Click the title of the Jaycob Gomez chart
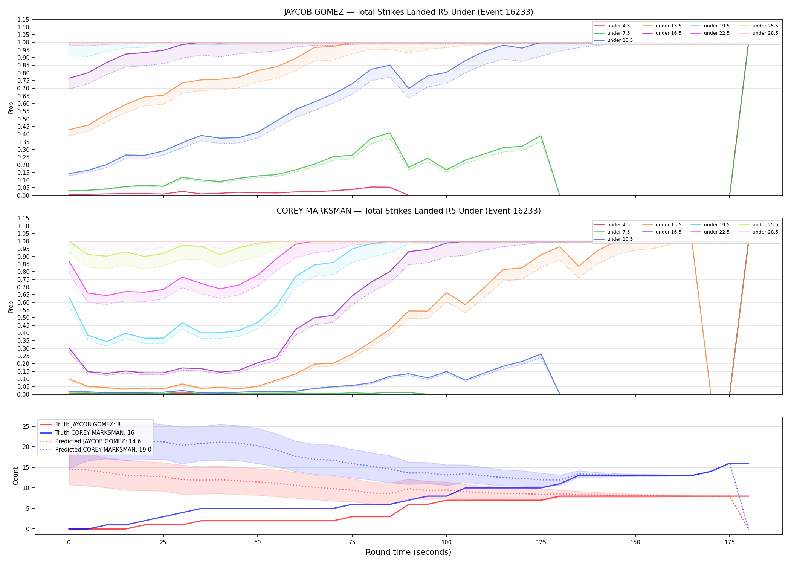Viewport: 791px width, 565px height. click(x=408, y=12)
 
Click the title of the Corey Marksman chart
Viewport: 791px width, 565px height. click(x=408, y=211)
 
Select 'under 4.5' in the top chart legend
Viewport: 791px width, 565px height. click(x=618, y=26)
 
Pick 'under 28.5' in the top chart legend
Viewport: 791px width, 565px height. click(x=765, y=33)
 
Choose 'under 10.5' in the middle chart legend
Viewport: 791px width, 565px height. click(x=620, y=239)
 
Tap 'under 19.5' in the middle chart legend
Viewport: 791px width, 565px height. click(x=716, y=225)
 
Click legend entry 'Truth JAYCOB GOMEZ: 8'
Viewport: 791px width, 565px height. click(x=88, y=425)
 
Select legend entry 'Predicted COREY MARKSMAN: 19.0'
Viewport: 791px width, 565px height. click(x=103, y=450)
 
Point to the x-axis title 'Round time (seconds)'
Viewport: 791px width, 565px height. click(x=408, y=552)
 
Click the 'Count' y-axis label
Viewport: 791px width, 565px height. click(x=15, y=476)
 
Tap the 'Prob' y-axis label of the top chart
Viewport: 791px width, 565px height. click(x=11, y=108)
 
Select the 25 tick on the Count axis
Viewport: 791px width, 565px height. click(x=26, y=427)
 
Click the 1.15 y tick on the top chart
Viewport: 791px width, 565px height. click(x=23, y=20)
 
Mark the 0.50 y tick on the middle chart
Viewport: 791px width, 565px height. click(x=23, y=318)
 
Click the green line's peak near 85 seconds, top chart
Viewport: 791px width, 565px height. click(x=390, y=133)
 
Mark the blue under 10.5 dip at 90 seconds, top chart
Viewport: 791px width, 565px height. click(x=409, y=89)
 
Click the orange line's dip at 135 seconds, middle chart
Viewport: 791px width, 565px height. click(x=579, y=266)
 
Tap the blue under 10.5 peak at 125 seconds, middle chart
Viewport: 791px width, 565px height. click(x=541, y=354)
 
